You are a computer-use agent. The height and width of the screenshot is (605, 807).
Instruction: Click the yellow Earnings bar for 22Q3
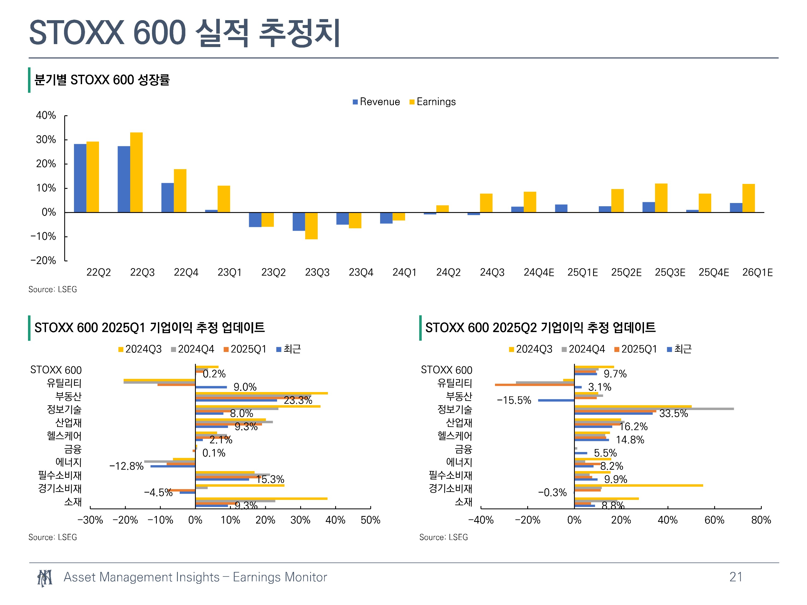pos(136,172)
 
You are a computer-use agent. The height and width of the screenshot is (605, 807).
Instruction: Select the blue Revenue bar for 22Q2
pos(80,178)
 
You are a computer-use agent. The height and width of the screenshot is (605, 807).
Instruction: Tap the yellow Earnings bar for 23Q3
pos(311,226)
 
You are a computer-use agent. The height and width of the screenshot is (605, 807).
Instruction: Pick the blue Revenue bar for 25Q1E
pos(561,208)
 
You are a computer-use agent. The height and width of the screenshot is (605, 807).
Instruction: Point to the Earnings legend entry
pos(432,102)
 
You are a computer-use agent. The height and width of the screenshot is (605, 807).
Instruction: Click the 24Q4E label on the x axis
pos(539,272)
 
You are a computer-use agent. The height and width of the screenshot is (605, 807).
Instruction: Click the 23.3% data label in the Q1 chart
pos(298,400)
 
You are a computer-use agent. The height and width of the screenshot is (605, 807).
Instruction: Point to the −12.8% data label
pos(126,466)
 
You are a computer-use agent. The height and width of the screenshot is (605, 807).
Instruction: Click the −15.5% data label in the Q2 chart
pos(514,400)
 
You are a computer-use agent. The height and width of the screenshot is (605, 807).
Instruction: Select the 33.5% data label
pos(674,414)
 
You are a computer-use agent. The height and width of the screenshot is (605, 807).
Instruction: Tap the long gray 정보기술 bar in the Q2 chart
pos(654,409)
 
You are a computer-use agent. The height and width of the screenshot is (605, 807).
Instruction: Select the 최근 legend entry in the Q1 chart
pos(289,349)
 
